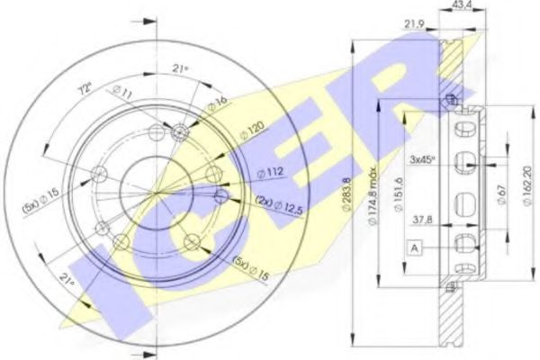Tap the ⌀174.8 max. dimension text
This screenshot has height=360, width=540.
[370, 193]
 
